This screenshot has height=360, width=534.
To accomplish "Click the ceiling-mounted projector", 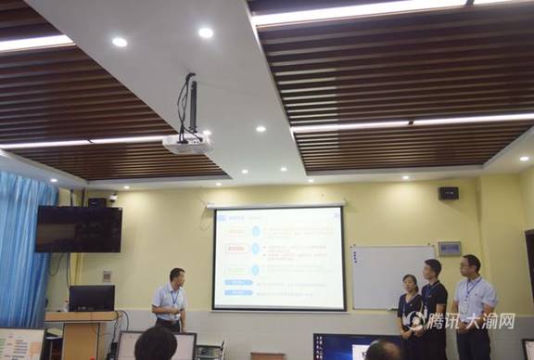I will pos(186,144).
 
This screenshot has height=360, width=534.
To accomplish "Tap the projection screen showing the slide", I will pos(278,258).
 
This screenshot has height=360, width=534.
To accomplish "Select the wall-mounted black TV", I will pos(78,229).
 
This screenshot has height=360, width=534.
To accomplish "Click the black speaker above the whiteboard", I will pos(448,193).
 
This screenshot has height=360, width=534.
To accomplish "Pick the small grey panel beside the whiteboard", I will pos(449,249).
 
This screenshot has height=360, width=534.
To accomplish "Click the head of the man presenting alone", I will pos(176,277).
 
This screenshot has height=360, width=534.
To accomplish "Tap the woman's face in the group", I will pos(410,283).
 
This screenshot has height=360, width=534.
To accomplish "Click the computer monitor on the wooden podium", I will pos(92,298).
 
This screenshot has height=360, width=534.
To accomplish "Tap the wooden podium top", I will pos(82,315).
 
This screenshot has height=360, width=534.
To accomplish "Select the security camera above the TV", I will pos(112,197).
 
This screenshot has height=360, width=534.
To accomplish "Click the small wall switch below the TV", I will pos(107,276).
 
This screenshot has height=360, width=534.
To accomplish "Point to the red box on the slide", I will pos(237,249).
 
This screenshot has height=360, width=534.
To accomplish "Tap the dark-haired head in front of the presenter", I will pos(155,344).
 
